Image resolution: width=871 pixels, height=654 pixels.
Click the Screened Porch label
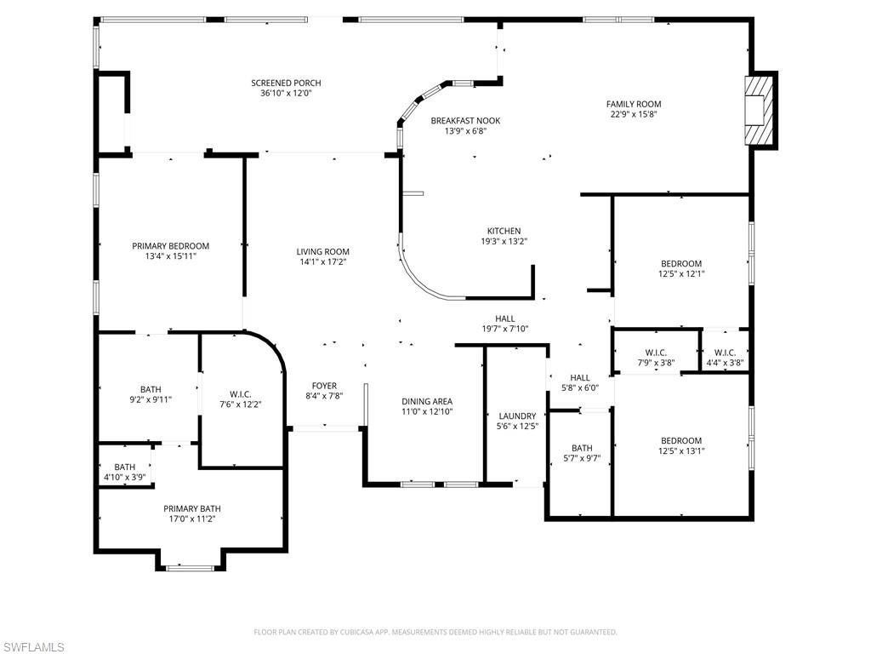click(286, 83)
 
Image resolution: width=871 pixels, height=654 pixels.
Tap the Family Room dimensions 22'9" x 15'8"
click(634, 114)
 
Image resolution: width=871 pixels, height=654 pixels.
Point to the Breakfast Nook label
click(465, 121)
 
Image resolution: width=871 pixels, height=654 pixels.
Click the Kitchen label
click(504, 231)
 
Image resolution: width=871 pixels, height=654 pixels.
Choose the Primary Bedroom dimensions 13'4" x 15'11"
click(170, 255)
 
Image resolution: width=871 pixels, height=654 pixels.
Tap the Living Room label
click(322, 251)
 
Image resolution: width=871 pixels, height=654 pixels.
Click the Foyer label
click(324, 386)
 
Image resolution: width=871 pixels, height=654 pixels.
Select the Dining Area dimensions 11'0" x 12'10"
click(427, 411)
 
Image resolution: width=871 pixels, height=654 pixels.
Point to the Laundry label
click(517, 416)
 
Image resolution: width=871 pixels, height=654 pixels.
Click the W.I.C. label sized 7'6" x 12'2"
click(241, 393)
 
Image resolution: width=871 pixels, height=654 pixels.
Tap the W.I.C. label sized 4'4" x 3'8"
click(725, 353)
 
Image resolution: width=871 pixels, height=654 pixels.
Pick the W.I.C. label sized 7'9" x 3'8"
click(656, 353)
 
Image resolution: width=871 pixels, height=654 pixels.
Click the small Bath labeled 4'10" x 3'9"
click(125, 467)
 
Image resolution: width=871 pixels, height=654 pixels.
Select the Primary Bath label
click(192, 508)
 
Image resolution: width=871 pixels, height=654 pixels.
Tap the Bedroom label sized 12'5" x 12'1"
click(681, 263)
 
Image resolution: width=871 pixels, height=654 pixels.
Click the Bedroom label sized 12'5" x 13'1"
click(681, 440)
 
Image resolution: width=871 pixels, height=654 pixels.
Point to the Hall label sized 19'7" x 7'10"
click(505, 318)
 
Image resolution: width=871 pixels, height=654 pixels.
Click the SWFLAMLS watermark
click(33, 647)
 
